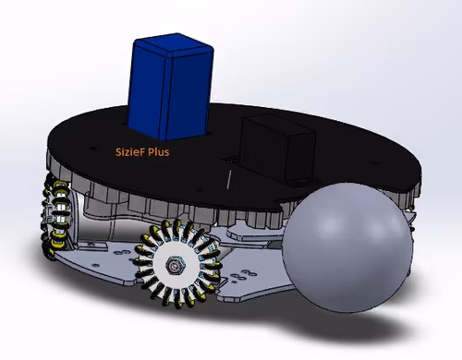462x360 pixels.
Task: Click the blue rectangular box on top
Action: [x=170, y=87]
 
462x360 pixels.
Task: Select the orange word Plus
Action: [x=159, y=152]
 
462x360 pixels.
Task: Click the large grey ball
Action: [x=347, y=247]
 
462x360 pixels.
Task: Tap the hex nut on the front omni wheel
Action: [x=174, y=265]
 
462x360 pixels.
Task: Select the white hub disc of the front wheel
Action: [x=174, y=265]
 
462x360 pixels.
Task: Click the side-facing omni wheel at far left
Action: [x=57, y=215]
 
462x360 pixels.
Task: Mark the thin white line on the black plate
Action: [x=229, y=179]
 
